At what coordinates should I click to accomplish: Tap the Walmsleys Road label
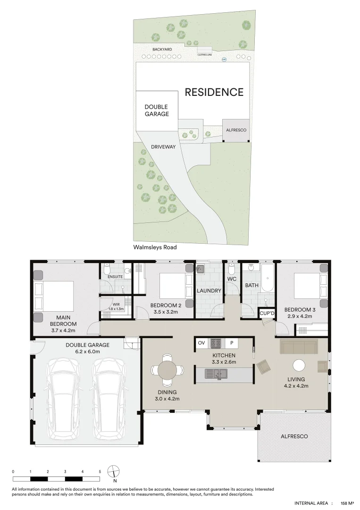[x=155, y=246]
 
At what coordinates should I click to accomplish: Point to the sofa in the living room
[x=298, y=347]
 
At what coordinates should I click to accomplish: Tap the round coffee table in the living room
[x=298, y=365]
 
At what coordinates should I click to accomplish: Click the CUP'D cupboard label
[x=267, y=313]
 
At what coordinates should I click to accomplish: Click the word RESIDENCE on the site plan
[x=214, y=92]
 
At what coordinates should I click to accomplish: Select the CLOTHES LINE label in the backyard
[x=205, y=55]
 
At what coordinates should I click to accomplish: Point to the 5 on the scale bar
[x=100, y=472]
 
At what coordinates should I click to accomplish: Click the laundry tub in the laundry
[x=201, y=269]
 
